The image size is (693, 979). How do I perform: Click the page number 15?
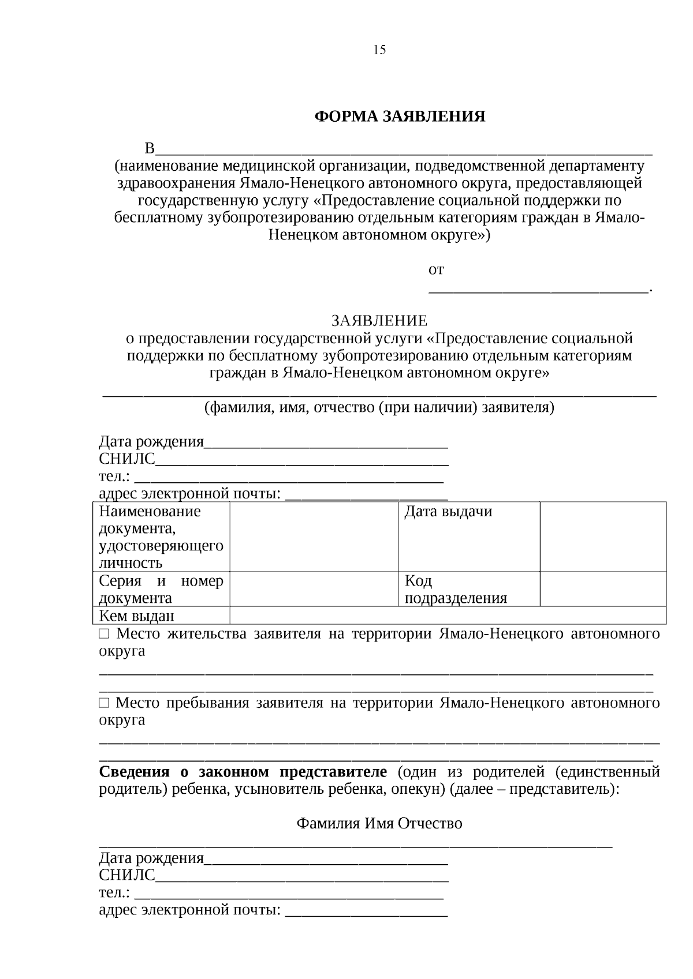coord(379,50)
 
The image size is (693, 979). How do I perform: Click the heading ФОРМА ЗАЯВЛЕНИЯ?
coord(400,117)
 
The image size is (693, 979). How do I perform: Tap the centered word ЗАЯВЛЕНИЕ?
coord(379,321)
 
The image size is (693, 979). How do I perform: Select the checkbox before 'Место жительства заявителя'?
coord(104,634)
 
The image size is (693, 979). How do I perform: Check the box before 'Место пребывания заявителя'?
coord(104,703)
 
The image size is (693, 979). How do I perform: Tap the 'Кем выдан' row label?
coord(137,616)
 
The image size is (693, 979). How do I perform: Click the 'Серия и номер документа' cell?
coord(161,589)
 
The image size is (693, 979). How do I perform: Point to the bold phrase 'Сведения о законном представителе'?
coord(243,772)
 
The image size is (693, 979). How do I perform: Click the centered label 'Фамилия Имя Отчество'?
coord(379,823)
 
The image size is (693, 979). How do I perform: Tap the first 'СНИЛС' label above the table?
coord(127,459)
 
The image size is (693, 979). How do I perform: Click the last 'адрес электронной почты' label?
coord(189,910)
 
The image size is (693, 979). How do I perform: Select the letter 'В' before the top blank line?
coord(150,149)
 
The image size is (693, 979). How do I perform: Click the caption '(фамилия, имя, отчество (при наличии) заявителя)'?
coord(379,408)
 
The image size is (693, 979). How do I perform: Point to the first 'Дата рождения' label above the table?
coord(151,442)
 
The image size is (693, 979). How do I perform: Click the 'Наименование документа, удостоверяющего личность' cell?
coord(161,536)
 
